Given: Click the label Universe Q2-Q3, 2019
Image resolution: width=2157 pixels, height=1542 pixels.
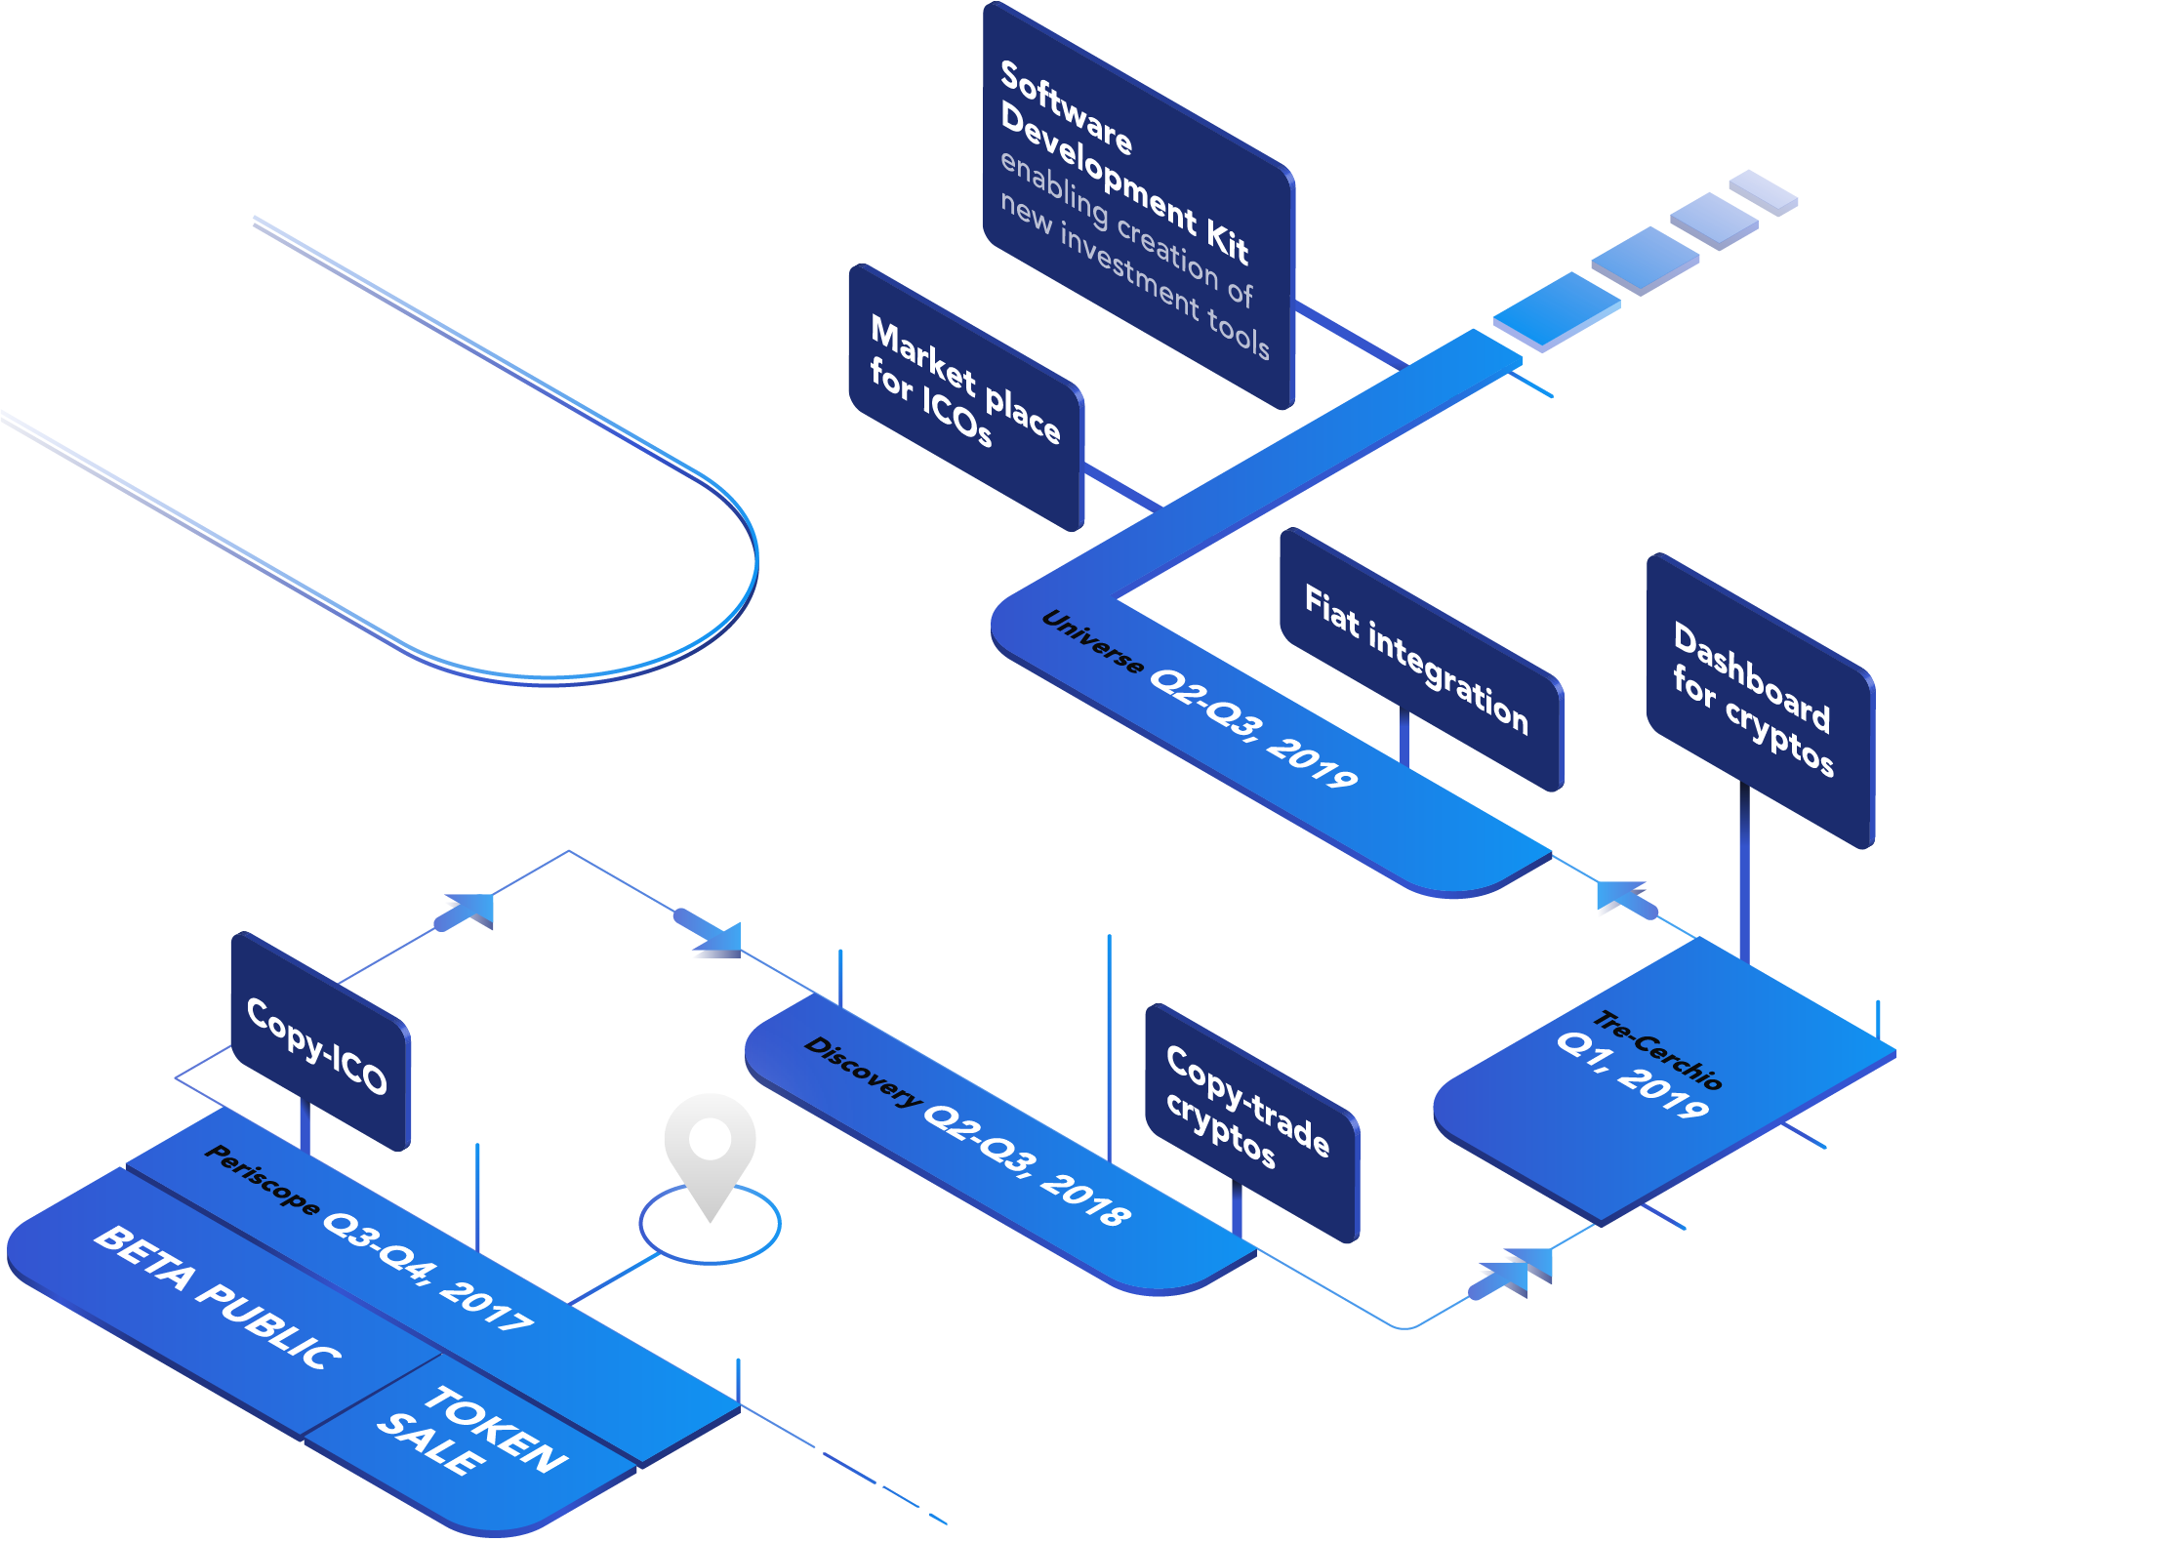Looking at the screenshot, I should coord(1200,699).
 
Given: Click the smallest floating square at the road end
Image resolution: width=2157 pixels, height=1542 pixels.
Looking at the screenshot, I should coord(1763,191).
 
